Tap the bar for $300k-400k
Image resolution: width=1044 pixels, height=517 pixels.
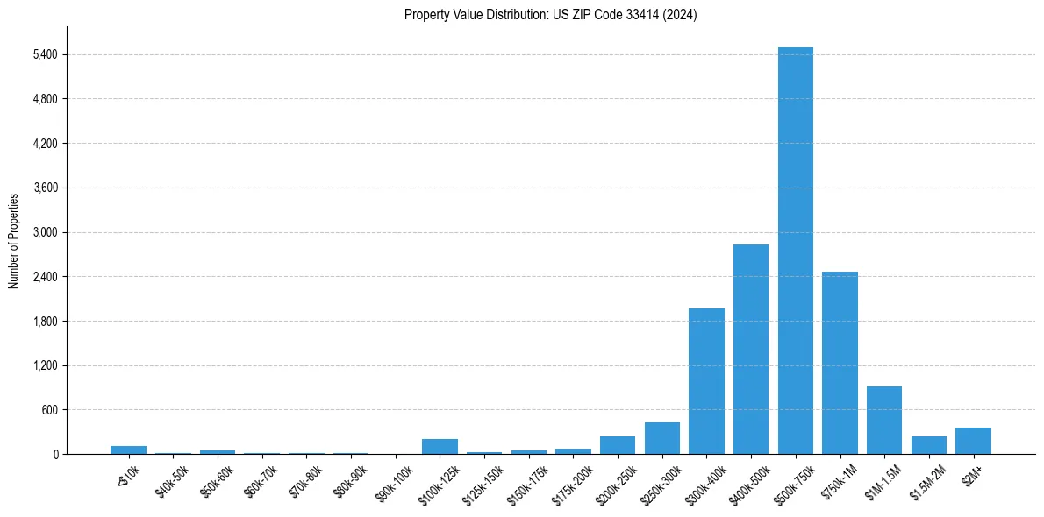[x=706, y=381]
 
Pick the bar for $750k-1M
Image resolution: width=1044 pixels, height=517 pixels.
[x=840, y=363]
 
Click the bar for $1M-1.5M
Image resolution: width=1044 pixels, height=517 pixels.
[x=884, y=421]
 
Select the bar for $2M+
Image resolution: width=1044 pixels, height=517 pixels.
[x=973, y=441]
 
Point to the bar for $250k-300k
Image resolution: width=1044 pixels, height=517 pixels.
[x=662, y=438]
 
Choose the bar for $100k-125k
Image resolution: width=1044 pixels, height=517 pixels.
[x=440, y=447]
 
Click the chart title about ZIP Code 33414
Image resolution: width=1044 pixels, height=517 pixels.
[x=551, y=14]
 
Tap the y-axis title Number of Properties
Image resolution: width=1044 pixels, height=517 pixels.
[x=14, y=241]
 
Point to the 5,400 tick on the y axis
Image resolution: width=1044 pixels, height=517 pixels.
[x=45, y=54]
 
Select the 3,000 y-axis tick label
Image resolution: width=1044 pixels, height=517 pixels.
[x=45, y=232]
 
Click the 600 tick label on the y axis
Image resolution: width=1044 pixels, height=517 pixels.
[x=49, y=410]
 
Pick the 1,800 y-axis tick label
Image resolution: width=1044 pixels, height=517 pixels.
[x=45, y=322]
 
